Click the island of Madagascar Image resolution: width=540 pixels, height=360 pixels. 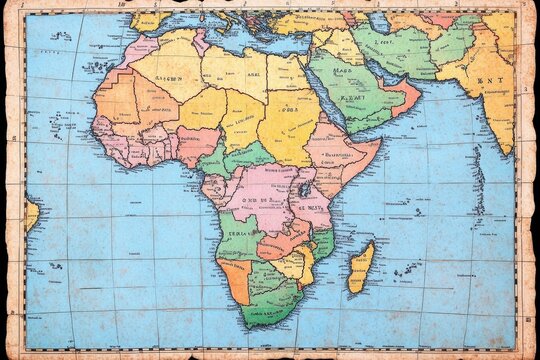tap(361, 267)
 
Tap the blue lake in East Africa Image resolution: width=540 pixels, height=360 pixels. tap(303, 188)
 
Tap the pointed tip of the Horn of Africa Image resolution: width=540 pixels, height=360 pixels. tap(380, 143)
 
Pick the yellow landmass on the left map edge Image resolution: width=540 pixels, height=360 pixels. tap(31, 214)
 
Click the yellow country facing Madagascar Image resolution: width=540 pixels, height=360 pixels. tap(304, 262)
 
